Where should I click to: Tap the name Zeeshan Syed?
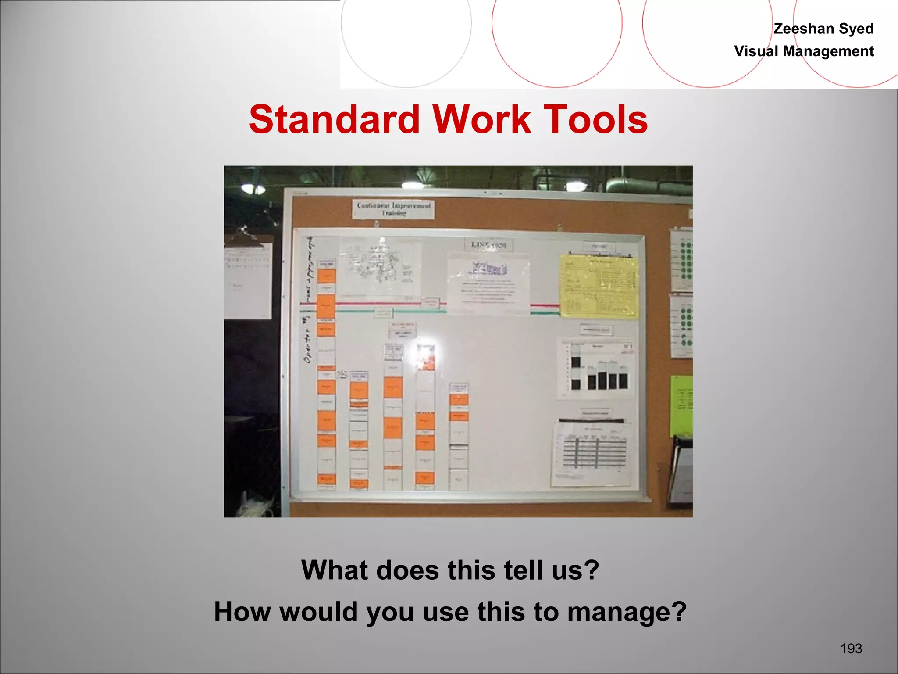[x=823, y=29]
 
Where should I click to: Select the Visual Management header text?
[x=804, y=51]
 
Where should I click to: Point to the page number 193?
[x=851, y=648]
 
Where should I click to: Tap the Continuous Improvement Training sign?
[x=393, y=209]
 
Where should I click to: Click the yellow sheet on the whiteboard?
[x=599, y=287]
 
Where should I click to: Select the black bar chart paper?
[x=595, y=368]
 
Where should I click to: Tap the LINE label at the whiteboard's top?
[x=488, y=245]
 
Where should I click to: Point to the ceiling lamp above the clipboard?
[x=253, y=189]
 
